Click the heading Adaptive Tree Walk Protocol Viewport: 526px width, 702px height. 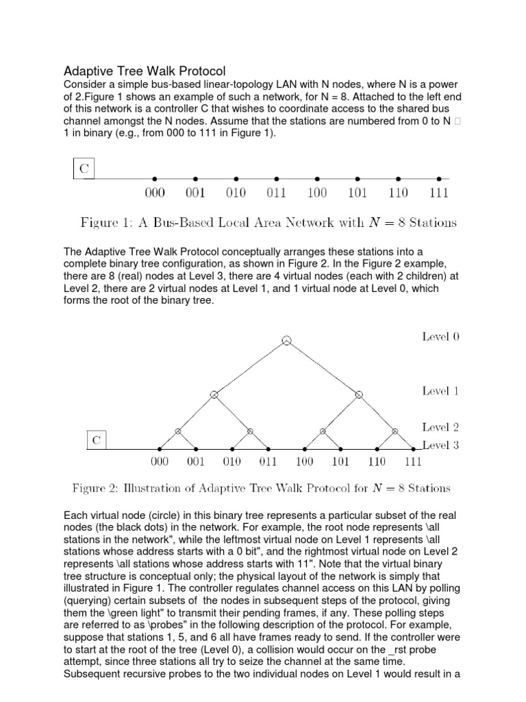(x=145, y=71)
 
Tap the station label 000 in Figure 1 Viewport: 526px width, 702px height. (x=155, y=193)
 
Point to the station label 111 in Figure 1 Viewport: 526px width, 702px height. (x=438, y=193)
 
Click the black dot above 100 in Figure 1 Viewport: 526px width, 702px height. (x=316, y=178)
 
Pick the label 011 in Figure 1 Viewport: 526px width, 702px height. (x=276, y=193)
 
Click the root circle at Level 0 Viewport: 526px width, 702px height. (x=287, y=341)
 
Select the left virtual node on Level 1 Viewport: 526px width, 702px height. (x=214, y=394)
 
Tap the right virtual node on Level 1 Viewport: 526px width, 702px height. (x=359, y=394)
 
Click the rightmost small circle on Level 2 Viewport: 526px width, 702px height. (x=395, y=431)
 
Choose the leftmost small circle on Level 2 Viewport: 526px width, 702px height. (x=178, y=431)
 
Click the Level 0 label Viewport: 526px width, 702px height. (x=440, y=337)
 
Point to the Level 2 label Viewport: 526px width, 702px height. (x=440, y=428)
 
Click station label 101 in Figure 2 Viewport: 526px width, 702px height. (x=340, y=461)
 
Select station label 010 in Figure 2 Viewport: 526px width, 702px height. (x=232, y=461)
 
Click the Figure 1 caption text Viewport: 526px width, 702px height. (x=268, y=222)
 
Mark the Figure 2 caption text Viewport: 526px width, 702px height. (x=262, y=488)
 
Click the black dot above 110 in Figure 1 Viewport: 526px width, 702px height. (x=398, y=178)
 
